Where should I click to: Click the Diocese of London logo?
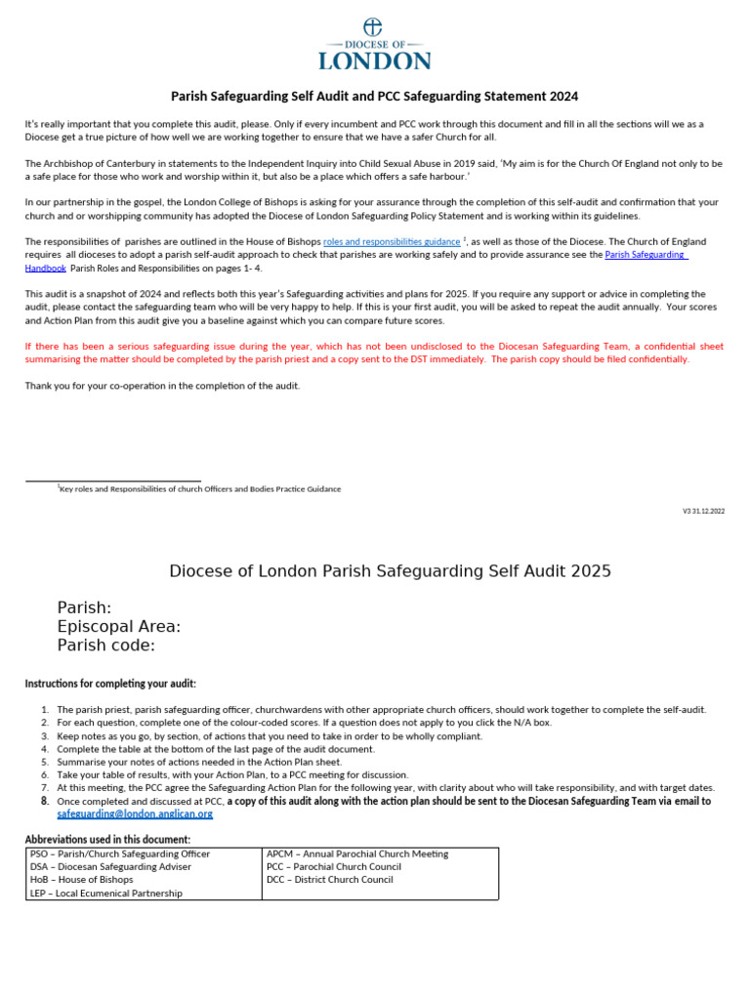click(375, 45)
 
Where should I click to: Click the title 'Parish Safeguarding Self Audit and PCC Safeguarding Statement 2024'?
click(375, 97)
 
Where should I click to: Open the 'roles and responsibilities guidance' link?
click(392, 241)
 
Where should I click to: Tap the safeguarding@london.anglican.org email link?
click(135, 813)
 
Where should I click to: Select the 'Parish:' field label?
click(84, 607)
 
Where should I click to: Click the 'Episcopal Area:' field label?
click(119, 627)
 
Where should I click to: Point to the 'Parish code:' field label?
click(106, 646)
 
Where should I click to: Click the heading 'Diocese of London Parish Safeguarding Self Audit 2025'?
click(391, 571)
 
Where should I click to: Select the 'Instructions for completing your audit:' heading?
click(110, 684)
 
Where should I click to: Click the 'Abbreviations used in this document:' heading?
click(107, 840)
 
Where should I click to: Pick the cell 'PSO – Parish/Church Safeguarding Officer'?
click(120, 854)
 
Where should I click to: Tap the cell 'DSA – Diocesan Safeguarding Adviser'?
click(111, 866)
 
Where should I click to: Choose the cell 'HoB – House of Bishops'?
click(81, 880)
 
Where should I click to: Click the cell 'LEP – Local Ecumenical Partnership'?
click(106, 894)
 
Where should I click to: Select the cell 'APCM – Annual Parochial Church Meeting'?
click(357, 854)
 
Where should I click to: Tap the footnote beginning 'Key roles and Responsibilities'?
click(200, 489)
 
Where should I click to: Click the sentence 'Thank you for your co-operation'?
click(163, 386)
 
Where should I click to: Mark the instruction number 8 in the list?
click(45, 801)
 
